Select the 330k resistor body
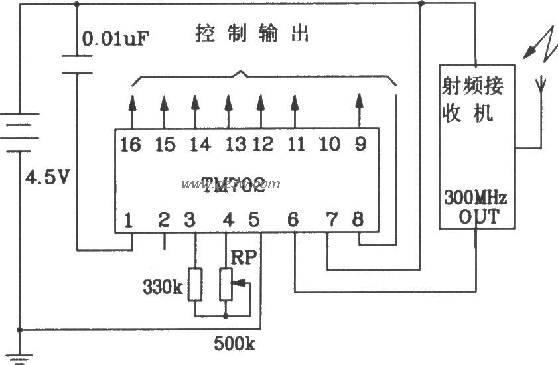click(x=195, y=285)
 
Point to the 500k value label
click(x=235, y=344)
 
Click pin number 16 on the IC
click(x=131, y=144)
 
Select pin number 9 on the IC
click(x=360, y=144)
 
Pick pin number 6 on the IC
click(x=293, y=218)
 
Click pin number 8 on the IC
click(x=358, y=218)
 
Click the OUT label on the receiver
click(x=475, y=216)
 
